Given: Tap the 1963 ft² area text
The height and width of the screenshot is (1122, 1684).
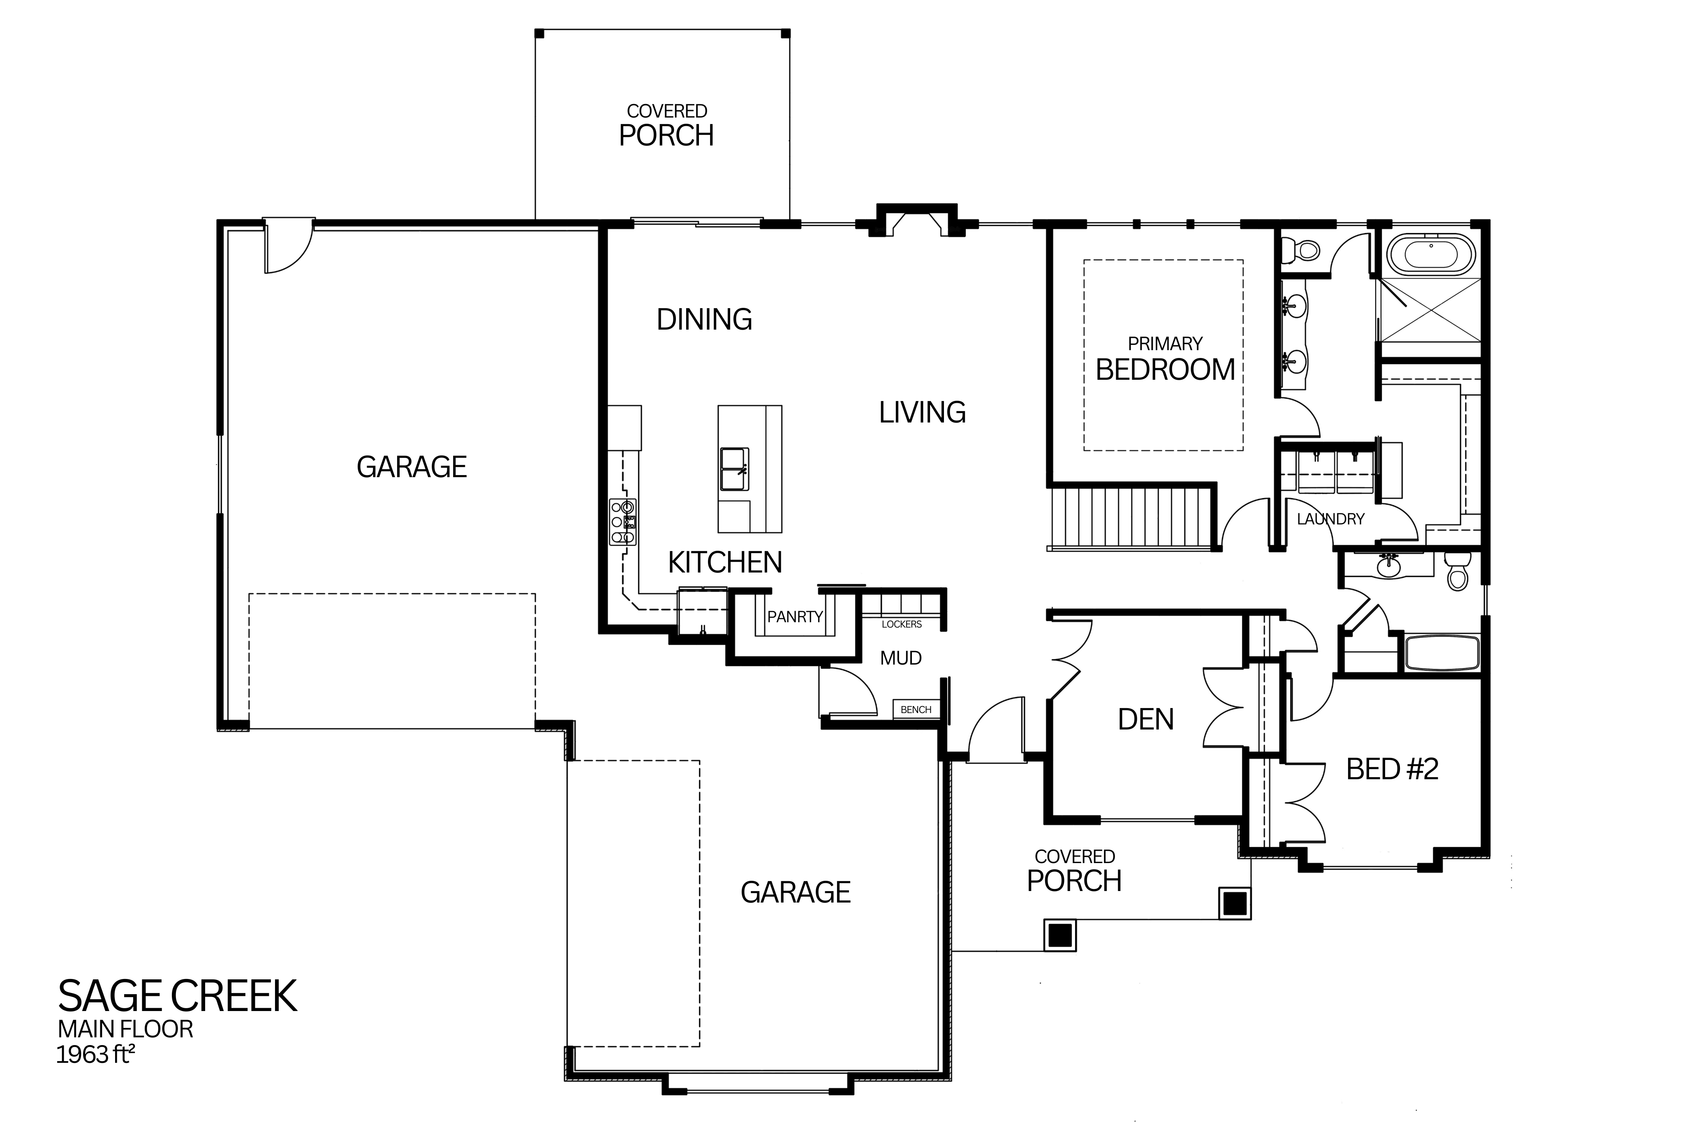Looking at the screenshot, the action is tap(96, 1055).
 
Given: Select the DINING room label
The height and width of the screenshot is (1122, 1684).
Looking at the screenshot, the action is tap(704, 319).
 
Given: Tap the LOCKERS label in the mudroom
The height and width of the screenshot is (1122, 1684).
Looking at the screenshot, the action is tap(902, 624).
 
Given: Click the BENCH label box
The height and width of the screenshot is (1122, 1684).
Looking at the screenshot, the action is tap(916, 709).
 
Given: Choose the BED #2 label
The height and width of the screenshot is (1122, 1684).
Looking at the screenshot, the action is tap(1392, 769).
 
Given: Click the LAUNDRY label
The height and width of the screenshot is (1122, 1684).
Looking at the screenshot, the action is tap(1330, 519).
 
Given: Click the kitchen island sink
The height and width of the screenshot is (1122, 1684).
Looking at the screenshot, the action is tap(733, 469).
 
